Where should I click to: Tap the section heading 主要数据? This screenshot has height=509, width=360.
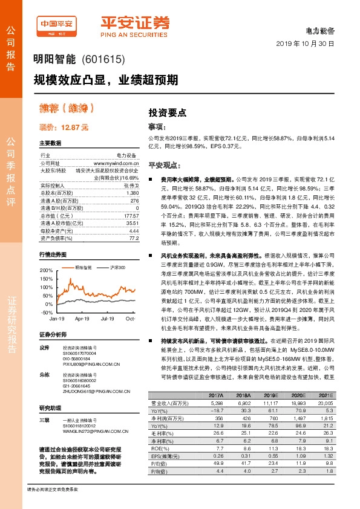(50, 143)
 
